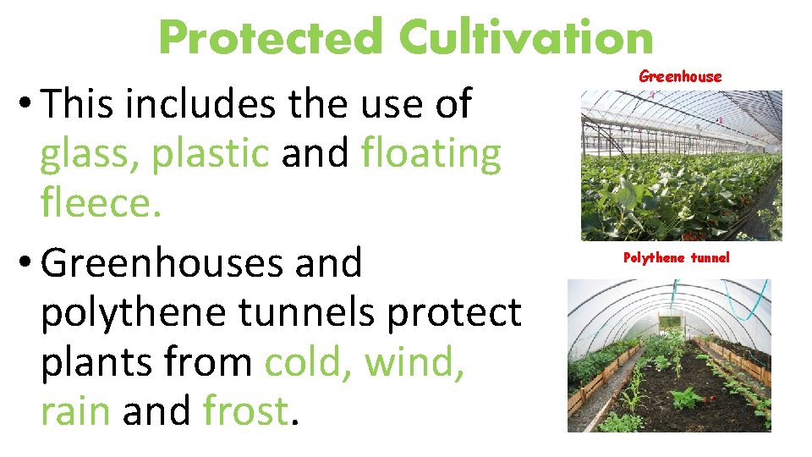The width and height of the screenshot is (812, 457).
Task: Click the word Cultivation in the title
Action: coord(526,39)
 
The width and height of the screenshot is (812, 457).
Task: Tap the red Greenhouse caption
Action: coord(680,76)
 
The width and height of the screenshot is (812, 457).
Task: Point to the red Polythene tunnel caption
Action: coord(675,257)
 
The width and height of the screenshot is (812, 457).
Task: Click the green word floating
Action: coord(431,156)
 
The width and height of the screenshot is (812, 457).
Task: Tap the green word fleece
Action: coord(100,204)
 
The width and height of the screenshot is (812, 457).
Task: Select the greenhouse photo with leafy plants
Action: coord(681,166)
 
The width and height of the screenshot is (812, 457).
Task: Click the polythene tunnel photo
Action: coord(669,355)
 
